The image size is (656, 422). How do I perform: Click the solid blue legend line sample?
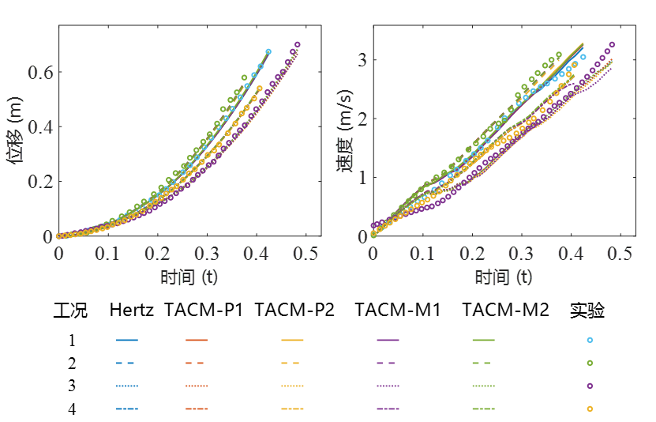click(x=127, y=340)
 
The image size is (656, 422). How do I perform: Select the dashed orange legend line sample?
click(x=197, y=363)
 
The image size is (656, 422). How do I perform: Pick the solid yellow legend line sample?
click(x=292, y=340)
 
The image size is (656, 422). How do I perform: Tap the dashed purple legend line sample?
click(x=388, y=363)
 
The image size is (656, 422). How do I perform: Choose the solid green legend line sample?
click(x=484, y=340)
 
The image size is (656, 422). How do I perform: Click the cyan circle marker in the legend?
click(x=590, y=340)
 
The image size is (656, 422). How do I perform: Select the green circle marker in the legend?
click(x=590, y=363)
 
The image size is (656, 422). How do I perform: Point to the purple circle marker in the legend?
click(x=590, y=386)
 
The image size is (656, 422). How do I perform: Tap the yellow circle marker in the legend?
click(x=590, y=409)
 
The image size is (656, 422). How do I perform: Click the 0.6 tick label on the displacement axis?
click(x=43, y=72)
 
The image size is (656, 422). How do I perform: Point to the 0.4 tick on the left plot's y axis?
click(x=43, y=126)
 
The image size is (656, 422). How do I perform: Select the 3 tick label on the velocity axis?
click(x=362, y=60)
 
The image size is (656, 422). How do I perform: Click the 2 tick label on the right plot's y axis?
click(x=362, y=119)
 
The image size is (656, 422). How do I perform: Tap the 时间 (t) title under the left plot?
click(x=189, y=277)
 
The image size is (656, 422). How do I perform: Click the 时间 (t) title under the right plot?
click(x=504, y=277)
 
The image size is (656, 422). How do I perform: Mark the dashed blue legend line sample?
click(x=127, y=363)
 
